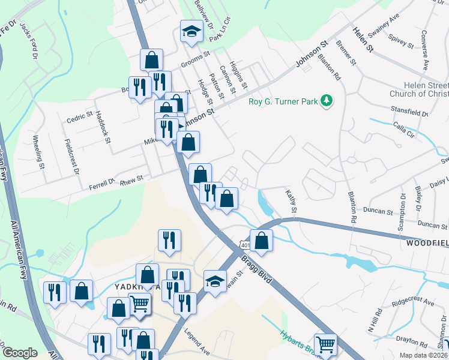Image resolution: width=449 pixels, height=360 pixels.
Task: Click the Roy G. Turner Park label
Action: (x=283, y=101)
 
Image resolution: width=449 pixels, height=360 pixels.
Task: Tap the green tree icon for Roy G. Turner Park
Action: (x=326, y=101)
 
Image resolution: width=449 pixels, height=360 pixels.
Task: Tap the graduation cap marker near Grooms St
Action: (x=191, y=31)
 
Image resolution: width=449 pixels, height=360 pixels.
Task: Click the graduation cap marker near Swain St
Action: (x=215, y=280)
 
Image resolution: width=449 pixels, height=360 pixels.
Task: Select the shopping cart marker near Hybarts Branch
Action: (x=325, y=344)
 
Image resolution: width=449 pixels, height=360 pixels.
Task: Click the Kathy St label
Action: (x=291, y=201)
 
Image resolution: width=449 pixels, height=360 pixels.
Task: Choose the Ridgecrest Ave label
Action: (x=411, y=301)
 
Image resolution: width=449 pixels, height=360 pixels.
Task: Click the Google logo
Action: (x=20, y=352)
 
